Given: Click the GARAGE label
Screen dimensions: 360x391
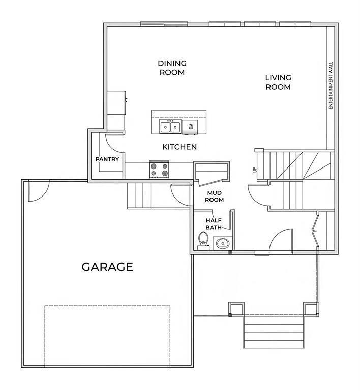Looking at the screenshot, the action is point(107,267).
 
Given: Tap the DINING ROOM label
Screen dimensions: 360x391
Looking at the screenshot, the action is point(172,68).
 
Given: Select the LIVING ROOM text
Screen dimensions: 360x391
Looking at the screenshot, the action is point(278,82).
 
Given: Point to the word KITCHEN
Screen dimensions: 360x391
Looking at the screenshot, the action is point(179,147).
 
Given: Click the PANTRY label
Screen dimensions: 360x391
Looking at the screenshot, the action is point(107,159).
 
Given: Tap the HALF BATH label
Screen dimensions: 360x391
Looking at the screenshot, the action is point(214,224).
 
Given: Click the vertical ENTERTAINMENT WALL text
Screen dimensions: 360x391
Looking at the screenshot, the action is point(331,86).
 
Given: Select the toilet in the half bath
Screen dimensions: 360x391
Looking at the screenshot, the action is point(203,241).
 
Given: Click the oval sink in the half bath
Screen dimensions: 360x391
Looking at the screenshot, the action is point(223,243).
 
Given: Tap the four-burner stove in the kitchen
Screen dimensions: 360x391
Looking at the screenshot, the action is point(159,170).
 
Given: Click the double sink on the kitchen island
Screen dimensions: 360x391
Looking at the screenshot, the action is point(170,127).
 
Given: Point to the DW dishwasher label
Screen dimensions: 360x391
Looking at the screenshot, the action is point(191,127).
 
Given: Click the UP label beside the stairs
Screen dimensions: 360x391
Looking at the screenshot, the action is point(255,170).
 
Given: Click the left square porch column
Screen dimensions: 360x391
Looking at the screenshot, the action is point(236,309).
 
